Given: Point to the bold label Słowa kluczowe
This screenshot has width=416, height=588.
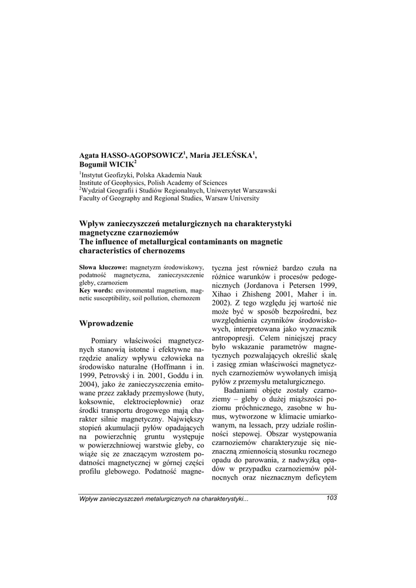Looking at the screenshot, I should click(103, 268).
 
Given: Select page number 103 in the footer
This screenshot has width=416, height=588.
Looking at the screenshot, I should click(331, 498).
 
